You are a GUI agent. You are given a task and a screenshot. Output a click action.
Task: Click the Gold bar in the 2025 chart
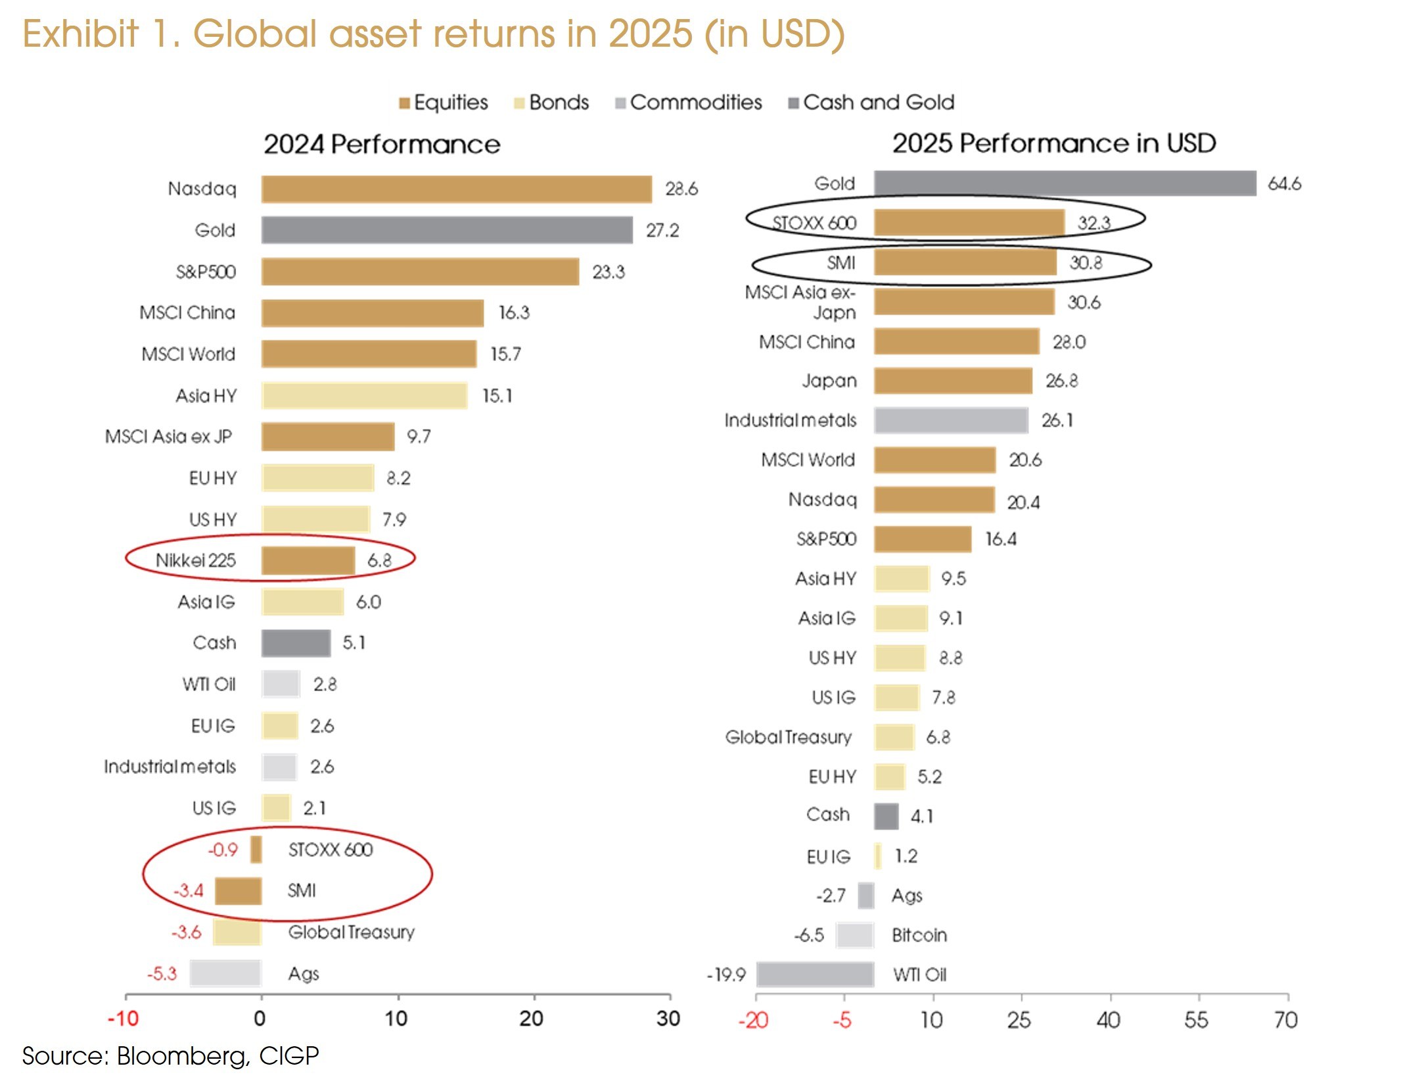pyautogui.click(x=1065, y=183)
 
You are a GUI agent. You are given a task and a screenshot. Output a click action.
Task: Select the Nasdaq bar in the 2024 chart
pyautogui.click(x=456, y=189)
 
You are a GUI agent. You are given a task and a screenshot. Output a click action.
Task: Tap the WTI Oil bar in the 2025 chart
pyautogui.click(x=815, y=974)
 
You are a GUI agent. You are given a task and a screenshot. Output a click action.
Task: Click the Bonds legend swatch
pyautogui.click(x=519, y=103)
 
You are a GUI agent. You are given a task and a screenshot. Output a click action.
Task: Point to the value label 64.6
pyautogui.click(x=1284, y=183)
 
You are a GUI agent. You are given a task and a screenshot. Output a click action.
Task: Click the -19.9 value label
pyautogui.click(x=726, y=975)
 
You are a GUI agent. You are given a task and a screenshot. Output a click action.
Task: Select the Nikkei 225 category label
pyautogui.click(x=195, y=560)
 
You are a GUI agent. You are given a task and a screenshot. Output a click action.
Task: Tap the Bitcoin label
pyautogui.click(x=919, y=935)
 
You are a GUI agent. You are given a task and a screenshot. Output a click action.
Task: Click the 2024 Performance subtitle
pyautogui.click(x=382, y=144)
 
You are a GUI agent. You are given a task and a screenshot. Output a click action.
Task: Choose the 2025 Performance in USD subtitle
pyautogui.click(x=1053, y=143)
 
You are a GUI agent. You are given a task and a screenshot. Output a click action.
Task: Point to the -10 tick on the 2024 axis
pyautogui.click(x=123, y=1019)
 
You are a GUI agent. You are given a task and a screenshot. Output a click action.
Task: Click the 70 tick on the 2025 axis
pyautogui.click(x=1285, y=1020)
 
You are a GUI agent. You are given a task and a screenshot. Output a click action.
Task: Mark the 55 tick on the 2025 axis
pyautogui.click(x=1196, y=1020)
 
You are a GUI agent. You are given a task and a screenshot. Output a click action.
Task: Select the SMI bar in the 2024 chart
pyautogui.click(x=238, y=891)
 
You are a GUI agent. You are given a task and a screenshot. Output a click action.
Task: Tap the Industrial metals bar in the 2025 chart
pyautogui.click(x=951, y=420)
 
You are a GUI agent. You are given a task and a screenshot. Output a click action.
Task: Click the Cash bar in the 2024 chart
pyautogui.click(x=296, y=643)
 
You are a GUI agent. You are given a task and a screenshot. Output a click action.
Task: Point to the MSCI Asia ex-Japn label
pyautogui.click(x=800, y=302)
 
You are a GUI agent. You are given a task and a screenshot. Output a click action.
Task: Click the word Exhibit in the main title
pyautogui.click(x=80, y=34)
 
